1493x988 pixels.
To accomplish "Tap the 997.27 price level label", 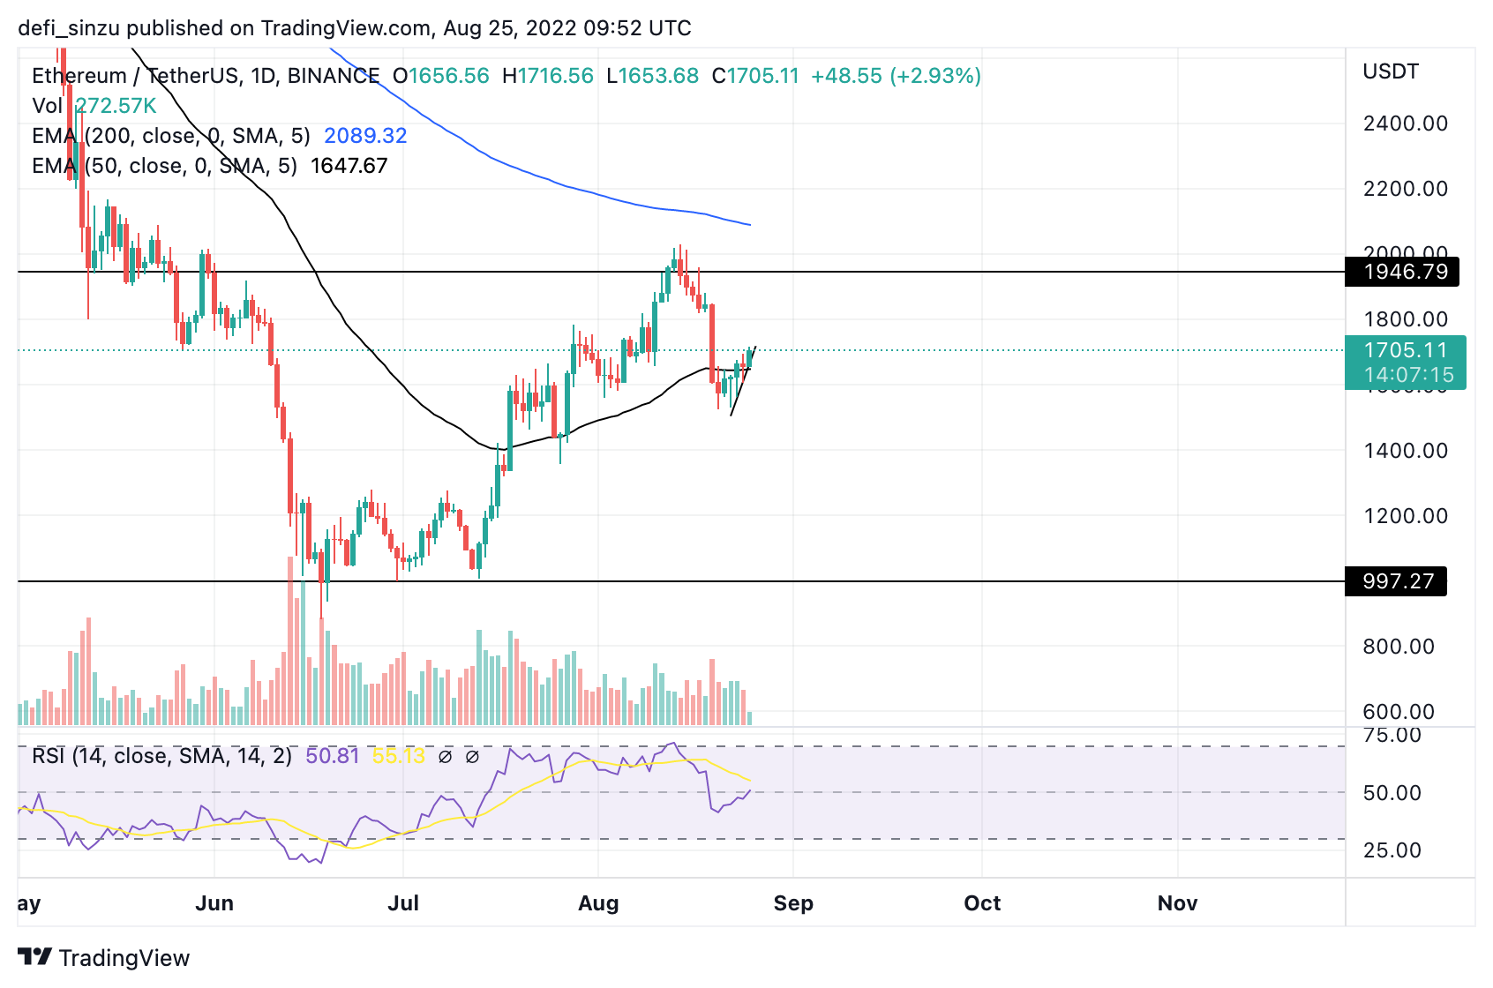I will pyautogui.click(x=1398, y=581).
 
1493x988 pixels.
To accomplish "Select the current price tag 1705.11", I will pyautogui.click(x=1406, y=351).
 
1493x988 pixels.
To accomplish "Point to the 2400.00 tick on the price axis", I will pyautogui.click(x=1405, y=123).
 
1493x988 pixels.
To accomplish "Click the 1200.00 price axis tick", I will pyautogui.click(x=1405, y=516).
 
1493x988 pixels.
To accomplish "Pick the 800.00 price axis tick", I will pyautogui.click(x=1398, y=647).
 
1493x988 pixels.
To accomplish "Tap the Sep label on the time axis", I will pyautogui.click(x=793, y=903).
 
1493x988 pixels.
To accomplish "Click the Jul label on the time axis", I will pyautogui.click(x=403, y=903).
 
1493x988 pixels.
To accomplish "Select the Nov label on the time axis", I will pyautogui.click(x=1177, y=903).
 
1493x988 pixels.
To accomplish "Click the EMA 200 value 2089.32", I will pyautogui.click(x=365, y=136).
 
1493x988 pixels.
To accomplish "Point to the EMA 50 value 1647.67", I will pyautogui.click(x=349, y=166).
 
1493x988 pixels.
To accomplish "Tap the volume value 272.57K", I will pyautogui.click(x=116, y=106).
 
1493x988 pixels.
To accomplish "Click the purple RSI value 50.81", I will pyautogui.click(x=333, y=756).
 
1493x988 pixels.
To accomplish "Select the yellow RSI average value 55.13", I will pyautogui.click(x=398, y=756).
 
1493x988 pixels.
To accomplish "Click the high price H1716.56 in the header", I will pyautogui.click(x=547, y=76).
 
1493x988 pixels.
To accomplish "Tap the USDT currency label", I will pyautogui.click(x=1390, y=71).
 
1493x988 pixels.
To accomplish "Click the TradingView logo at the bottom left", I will pyautogui.click(x=104, y=958).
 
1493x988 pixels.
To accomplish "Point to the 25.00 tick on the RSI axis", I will pyautogui.click(x=1392, y=850).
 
